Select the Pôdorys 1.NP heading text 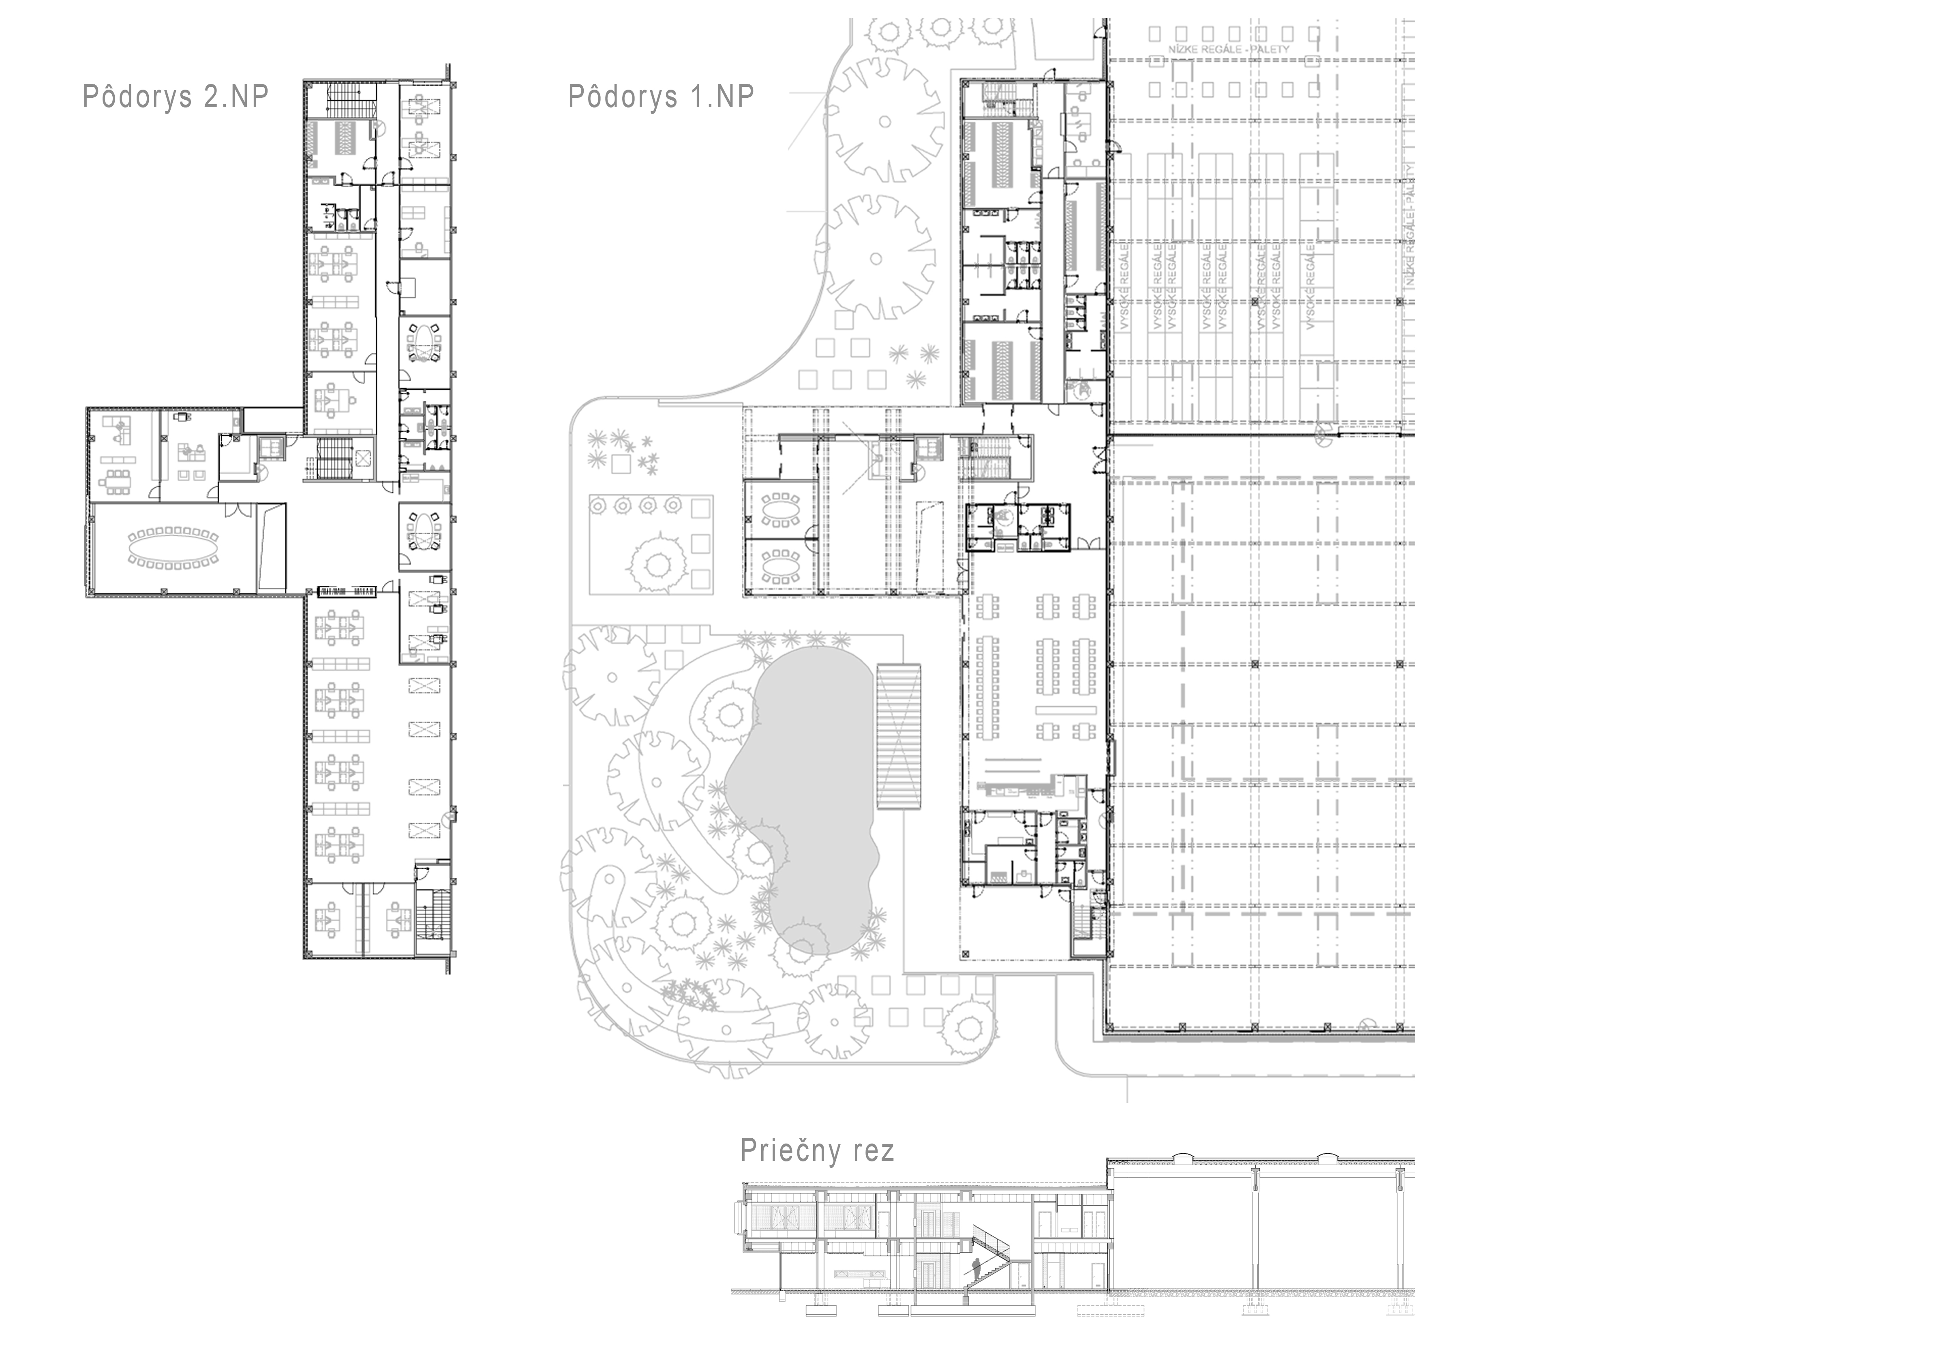click(661, 96)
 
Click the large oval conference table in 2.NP click(173, 546)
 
